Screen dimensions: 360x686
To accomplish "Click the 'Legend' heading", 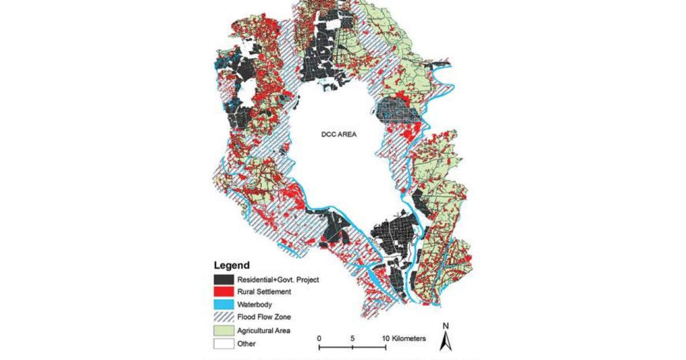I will (x=232, y=265).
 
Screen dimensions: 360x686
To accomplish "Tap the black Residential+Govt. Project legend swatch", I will (x=224, y=279).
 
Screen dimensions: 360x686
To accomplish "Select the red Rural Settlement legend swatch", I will (x=224, y=292).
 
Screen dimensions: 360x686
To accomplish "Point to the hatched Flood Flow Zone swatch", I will (x=224, y=318).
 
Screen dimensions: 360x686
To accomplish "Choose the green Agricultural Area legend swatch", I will (x=224, y=331).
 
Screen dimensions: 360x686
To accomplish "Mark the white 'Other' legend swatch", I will (x=224, y=343).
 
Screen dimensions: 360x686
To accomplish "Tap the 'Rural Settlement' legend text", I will (x=264, y=292).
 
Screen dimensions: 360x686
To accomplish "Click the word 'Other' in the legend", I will (x=247, y=343).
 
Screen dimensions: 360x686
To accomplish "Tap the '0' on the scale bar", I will (x=319, y=338).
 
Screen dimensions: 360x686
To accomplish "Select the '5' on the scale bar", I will (x=352, y=338).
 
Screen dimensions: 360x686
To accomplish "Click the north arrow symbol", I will (x=446, y=341).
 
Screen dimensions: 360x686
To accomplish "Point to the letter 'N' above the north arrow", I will (x=446, y=326).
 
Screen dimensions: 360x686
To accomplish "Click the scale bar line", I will (x=352, y=346).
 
